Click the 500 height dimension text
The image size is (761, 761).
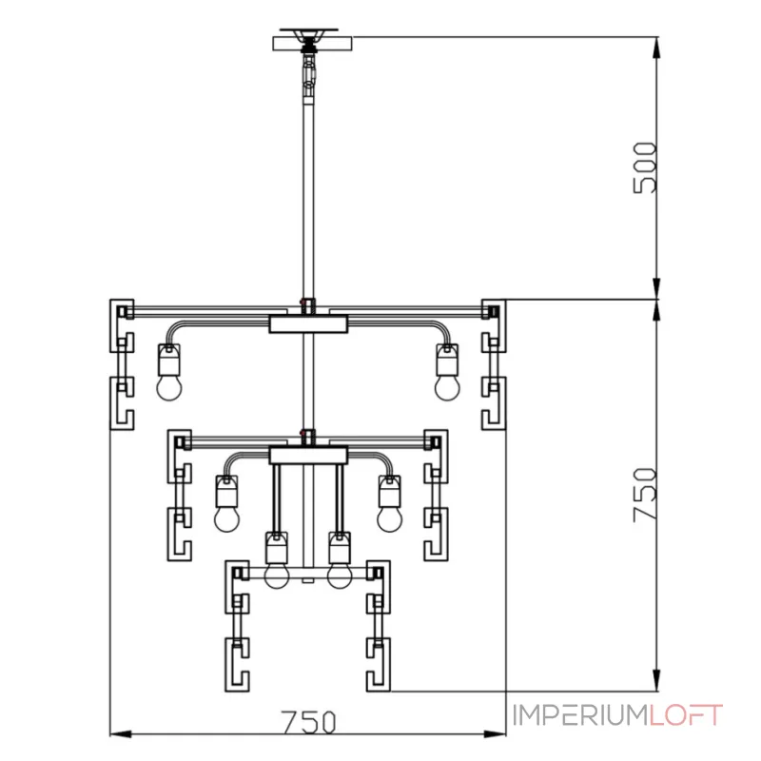[645, 167]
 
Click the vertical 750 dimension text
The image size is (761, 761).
[645, 495]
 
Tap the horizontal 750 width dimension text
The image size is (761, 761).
[308, 722]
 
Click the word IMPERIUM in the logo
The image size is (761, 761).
[580, 715]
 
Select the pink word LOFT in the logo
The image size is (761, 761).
[686, 715]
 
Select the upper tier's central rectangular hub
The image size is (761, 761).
[308, 324]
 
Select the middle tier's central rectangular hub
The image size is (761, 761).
[308, 456]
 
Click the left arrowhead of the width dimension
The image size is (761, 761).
[121, 734]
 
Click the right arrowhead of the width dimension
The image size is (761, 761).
[495, 734]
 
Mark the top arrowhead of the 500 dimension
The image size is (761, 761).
[656, 48]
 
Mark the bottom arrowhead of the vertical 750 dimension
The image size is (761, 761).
[656, 679]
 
